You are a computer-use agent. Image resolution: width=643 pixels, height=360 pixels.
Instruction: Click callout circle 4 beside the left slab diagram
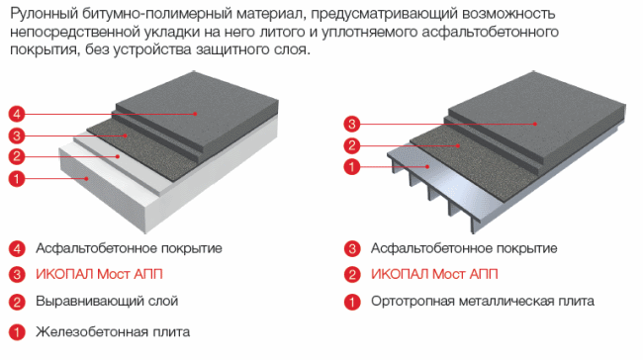click(x=17, y=114)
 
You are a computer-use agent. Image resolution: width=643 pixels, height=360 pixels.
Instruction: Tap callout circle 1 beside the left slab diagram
click(x=17, y=178)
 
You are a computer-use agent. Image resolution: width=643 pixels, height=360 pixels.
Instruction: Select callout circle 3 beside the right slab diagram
click(x=352, y=124)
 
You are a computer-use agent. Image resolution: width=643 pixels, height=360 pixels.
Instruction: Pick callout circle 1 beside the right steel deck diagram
click(x=352, y=167)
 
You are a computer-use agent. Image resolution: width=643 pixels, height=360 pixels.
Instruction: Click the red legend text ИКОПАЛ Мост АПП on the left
click(x=99, y=274)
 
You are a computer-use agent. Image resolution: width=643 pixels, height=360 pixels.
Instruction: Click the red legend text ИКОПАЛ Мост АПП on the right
click(x=434, y=274)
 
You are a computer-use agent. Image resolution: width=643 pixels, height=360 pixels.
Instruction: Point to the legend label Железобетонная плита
click(x=113, y=331)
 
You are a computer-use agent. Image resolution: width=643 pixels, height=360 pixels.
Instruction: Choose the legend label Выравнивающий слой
click(x=107, y=301)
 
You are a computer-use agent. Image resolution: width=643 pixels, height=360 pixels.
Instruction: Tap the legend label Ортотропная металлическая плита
click(x=483, y=301)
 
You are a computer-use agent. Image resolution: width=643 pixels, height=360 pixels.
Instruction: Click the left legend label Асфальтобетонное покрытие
click(x=129, y=248)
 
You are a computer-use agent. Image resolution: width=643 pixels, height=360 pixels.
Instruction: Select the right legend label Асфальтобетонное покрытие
click(x=464, y=248)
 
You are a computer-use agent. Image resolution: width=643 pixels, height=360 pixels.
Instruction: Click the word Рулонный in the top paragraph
click(x=44, y=14)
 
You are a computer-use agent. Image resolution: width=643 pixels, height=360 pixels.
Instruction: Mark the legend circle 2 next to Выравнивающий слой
click(x=17, y=302)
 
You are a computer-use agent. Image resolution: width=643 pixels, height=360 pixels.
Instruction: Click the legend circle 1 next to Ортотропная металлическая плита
click(x=352, y=302)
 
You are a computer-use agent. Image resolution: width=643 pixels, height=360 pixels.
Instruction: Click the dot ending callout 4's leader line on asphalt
click(x=196, y=114)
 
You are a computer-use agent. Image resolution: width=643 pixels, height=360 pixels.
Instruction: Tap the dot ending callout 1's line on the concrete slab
click(x=86, y=178)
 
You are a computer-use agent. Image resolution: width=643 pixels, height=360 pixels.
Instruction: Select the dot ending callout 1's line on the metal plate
click(x=427, y=167)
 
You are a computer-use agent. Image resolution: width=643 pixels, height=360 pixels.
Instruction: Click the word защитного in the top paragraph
click(x=231, y=49)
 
